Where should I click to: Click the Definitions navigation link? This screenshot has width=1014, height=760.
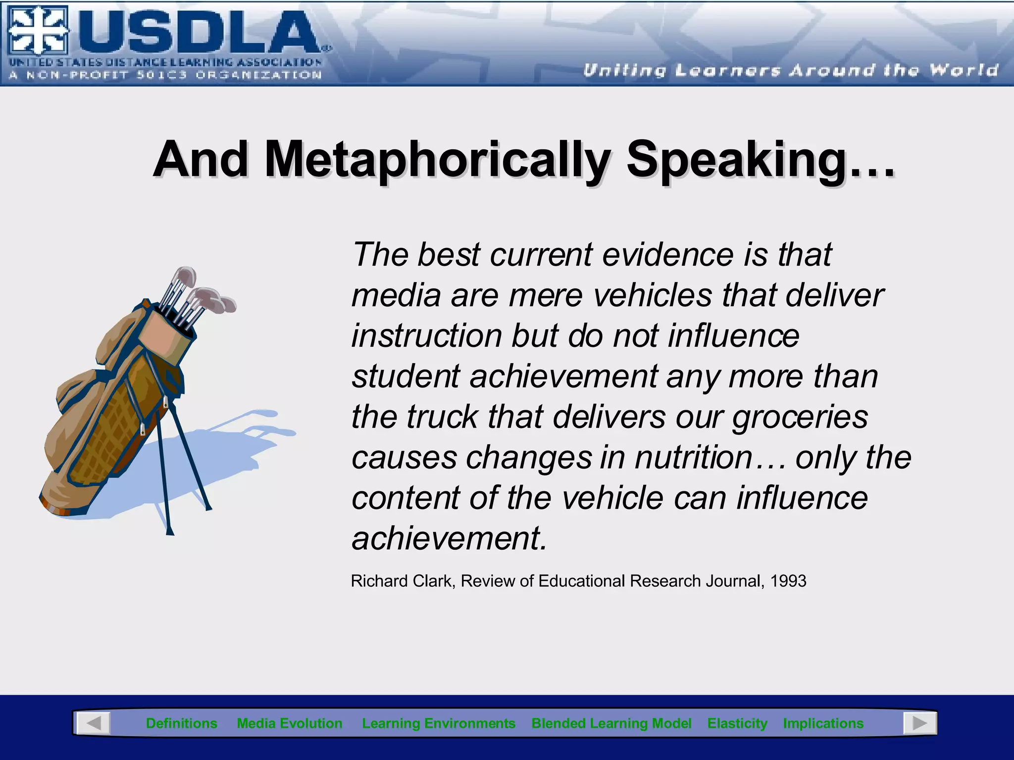click(x=181, y=723)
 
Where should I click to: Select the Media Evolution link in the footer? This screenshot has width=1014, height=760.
click(x=290, y=723)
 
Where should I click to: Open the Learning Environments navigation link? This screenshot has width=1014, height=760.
click(x=439, y=723)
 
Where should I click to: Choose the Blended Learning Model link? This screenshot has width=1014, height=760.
click(x=611, y=723)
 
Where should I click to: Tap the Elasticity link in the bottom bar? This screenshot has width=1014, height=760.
click(x=737, y=723)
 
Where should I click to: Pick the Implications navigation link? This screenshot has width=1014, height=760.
click(x=823, y=723)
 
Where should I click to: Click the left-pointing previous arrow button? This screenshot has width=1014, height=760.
click(x=94, y=723)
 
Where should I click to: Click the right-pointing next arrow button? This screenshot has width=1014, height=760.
click(x=919, y=723)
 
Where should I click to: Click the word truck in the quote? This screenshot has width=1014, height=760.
click(x=442, y=417)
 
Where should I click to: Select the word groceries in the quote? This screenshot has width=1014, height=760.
click(x=800, y=417)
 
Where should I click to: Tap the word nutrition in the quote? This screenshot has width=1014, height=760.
click(x=694, y=457)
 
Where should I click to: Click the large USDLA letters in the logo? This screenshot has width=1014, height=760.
click(x=198, y=33)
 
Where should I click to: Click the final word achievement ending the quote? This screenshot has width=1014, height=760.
click(x=449, y=538)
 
